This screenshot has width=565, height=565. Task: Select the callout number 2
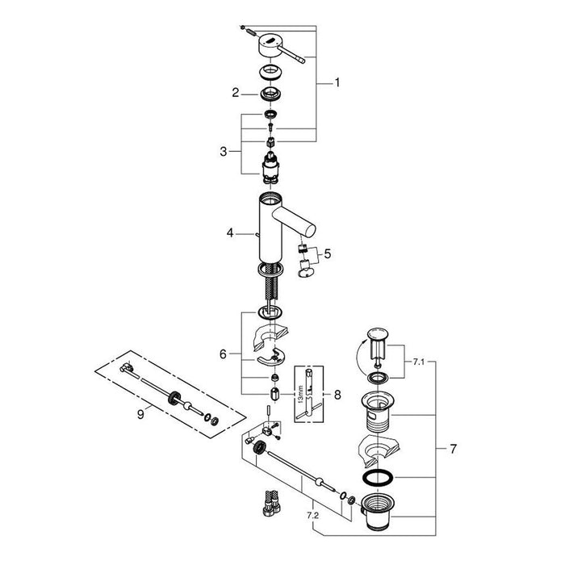point(235,94)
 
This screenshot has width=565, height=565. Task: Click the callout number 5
point(327,256)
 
